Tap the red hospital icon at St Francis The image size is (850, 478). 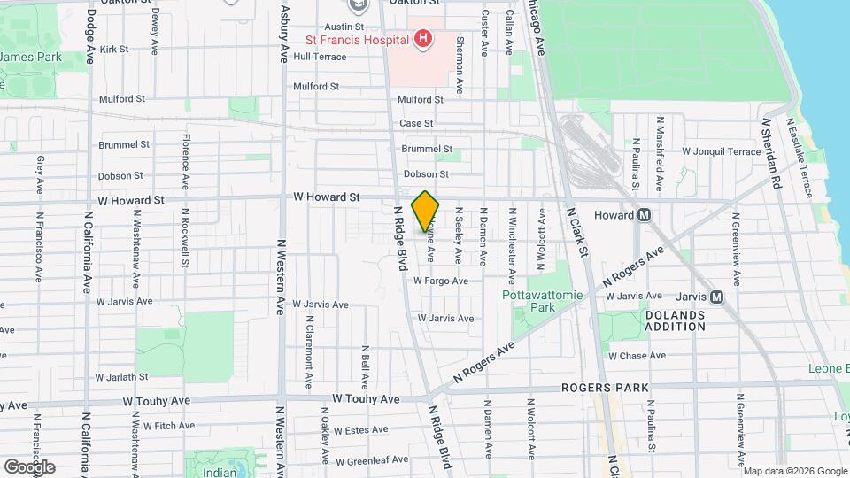(423, 39)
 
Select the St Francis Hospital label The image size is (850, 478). (357, 40)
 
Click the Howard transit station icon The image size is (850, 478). (645, 215)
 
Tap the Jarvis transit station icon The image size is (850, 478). (716, 297)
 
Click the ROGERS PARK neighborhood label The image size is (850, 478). (605, 388)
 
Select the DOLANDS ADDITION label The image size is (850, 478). (675, 320)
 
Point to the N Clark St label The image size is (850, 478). (577, 235)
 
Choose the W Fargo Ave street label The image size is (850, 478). (441, 281)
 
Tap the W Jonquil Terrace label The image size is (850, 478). (721, 151)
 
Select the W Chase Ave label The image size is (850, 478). (637, 356)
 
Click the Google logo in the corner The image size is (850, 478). (29, 466)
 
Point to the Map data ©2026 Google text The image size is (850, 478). (795, 471)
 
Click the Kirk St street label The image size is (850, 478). (115, 50)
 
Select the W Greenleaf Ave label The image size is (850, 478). (372, 459)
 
